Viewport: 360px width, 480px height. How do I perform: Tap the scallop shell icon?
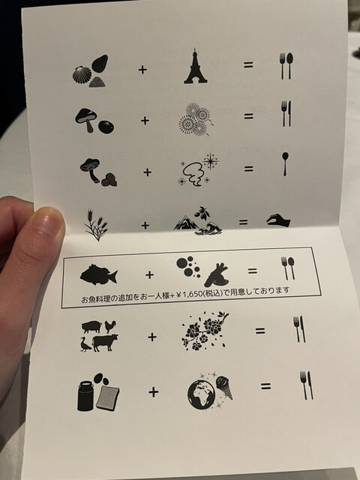tap(82, 75)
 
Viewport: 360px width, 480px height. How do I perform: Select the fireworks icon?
tap(196, 118)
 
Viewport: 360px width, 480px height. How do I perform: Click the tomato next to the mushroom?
tap(106, 127)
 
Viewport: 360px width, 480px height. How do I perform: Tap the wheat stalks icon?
tap(96, 225)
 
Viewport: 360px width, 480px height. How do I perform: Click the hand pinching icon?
tap(278, 220)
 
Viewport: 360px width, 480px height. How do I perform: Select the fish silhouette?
tap(98, 274)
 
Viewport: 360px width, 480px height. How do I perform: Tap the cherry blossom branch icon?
tap(205, 331)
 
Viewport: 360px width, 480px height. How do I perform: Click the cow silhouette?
tap(105, 343)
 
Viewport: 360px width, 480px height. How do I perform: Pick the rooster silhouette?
tap(110, 327)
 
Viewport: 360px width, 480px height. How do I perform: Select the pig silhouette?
tap(91, 327)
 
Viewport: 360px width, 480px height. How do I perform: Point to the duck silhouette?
tap(85, 344)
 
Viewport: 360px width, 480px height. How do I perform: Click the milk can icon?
tap(85, 395)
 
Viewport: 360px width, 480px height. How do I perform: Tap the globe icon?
tap(202, 396)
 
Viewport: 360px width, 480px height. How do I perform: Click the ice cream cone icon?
tap(224, 388)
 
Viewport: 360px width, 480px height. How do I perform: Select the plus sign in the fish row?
tap(149, 274)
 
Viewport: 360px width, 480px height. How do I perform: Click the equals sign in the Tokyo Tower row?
tap(248, 64)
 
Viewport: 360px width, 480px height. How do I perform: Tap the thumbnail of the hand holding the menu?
tap(49, 222)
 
